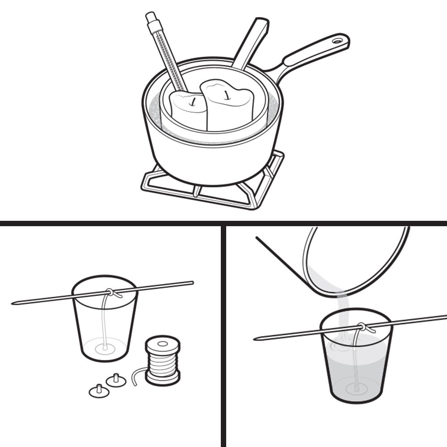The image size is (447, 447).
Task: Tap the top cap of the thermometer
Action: click(x=150, y=17)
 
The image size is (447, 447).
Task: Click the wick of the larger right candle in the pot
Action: click(x=228, y=93)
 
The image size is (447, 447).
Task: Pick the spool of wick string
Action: click(x=163, y=360)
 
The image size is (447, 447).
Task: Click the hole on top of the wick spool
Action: click(x=163, y=343)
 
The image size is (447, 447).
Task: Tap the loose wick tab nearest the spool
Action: click(x=116, y=380)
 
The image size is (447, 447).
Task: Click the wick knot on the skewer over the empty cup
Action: click(x=111, y=293)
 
